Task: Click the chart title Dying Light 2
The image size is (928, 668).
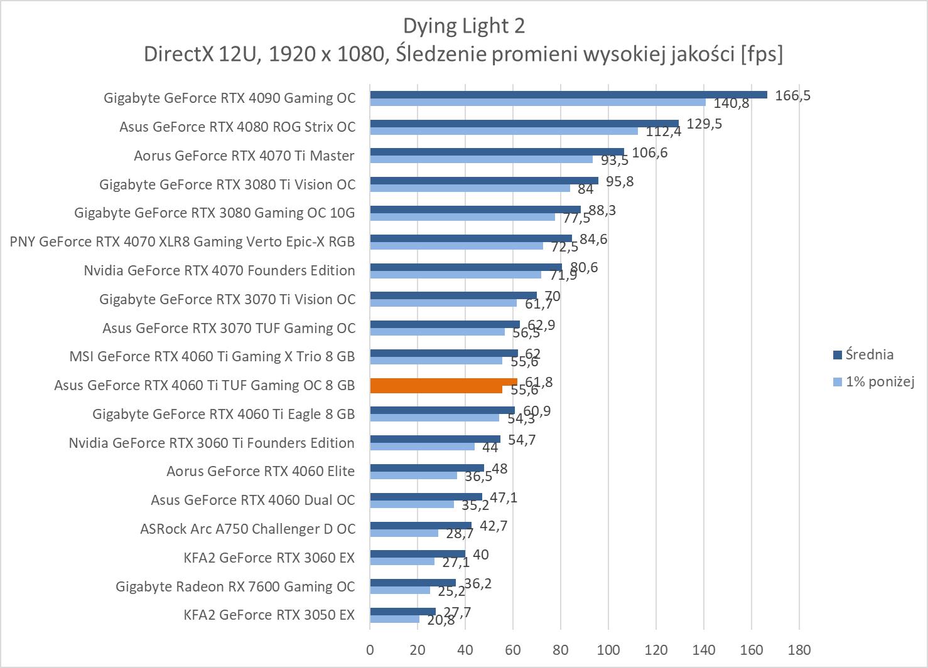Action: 463,26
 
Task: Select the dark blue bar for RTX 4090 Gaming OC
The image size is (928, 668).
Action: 568,95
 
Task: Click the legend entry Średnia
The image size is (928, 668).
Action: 869,355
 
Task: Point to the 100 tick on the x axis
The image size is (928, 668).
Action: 608,650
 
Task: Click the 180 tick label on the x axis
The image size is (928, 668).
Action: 799,650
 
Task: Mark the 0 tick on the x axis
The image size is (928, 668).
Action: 370,650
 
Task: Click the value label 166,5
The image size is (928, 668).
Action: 793,95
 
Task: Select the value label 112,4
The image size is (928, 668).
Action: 664,132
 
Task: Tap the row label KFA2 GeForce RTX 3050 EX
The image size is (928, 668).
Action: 269,615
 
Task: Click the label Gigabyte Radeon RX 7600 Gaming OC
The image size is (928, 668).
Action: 235,586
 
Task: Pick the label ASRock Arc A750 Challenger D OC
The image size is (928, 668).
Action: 247,529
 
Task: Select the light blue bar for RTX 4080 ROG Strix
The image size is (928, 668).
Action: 504,131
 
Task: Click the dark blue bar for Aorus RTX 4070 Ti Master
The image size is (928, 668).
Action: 497,152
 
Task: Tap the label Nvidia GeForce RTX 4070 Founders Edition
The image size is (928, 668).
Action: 219,270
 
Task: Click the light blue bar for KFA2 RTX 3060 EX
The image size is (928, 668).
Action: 402,561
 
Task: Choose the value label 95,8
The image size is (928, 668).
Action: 620,181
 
